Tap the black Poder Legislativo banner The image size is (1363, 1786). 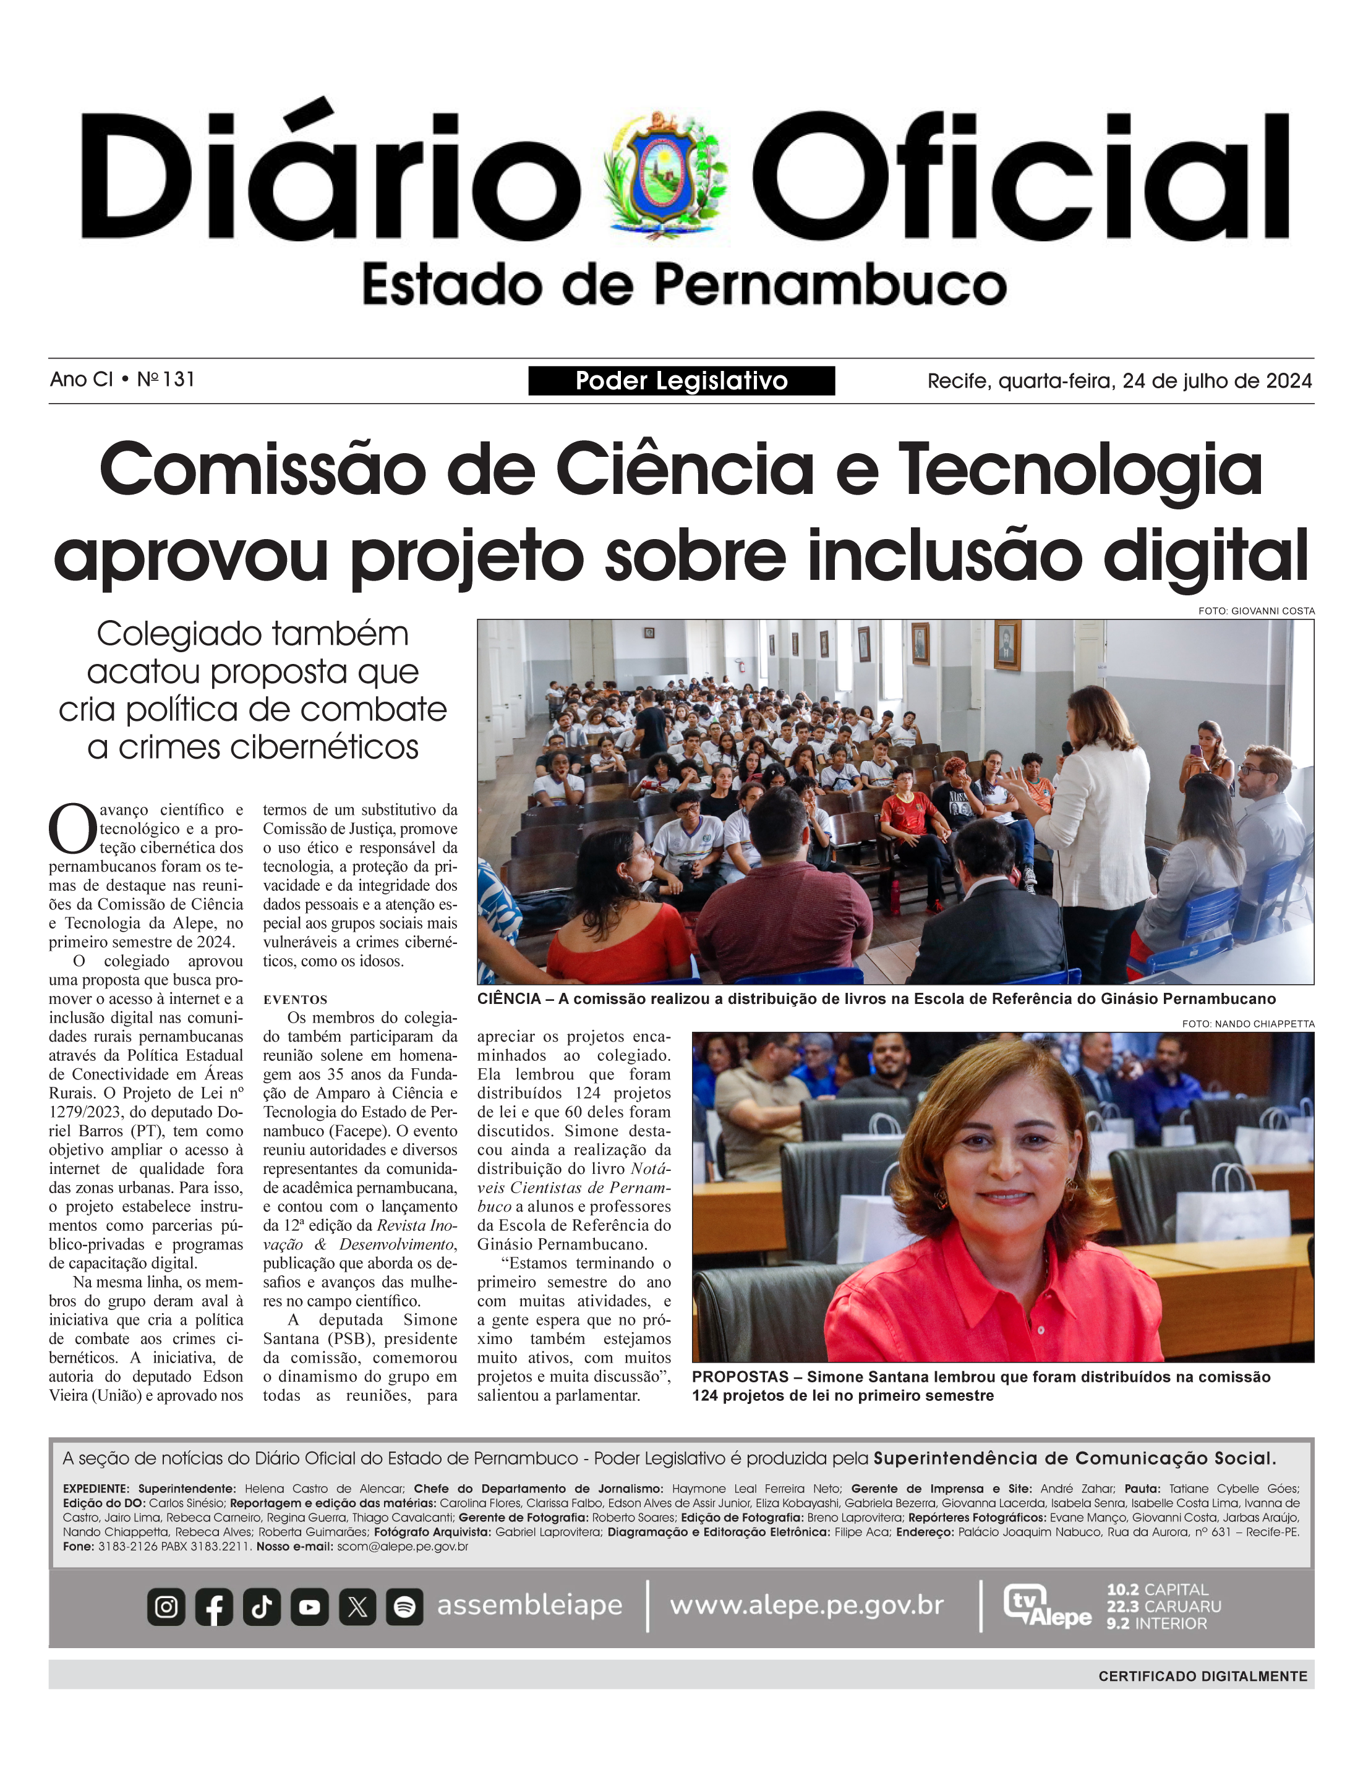[681, 380]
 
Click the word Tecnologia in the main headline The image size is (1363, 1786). [1080, 470]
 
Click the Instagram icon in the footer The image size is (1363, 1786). [166, 1607]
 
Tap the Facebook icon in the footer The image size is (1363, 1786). [214, 1607]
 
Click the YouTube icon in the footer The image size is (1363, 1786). [309, 1607]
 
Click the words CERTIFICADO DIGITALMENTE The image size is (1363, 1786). [1202, 1677]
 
